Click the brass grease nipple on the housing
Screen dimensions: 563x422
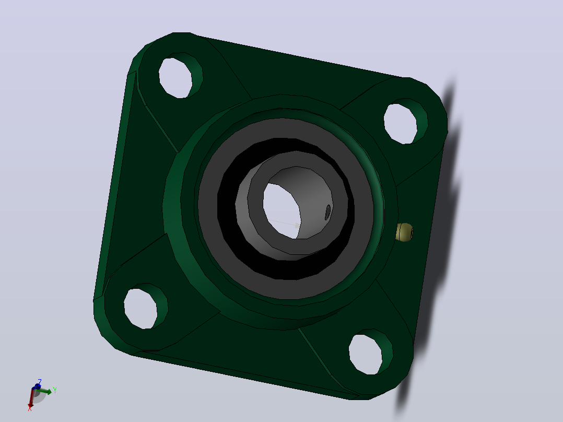[x=405, y=232]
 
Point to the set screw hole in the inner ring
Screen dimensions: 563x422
[x=328, y=212]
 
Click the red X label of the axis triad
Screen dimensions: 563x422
[x=30, y=408]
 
